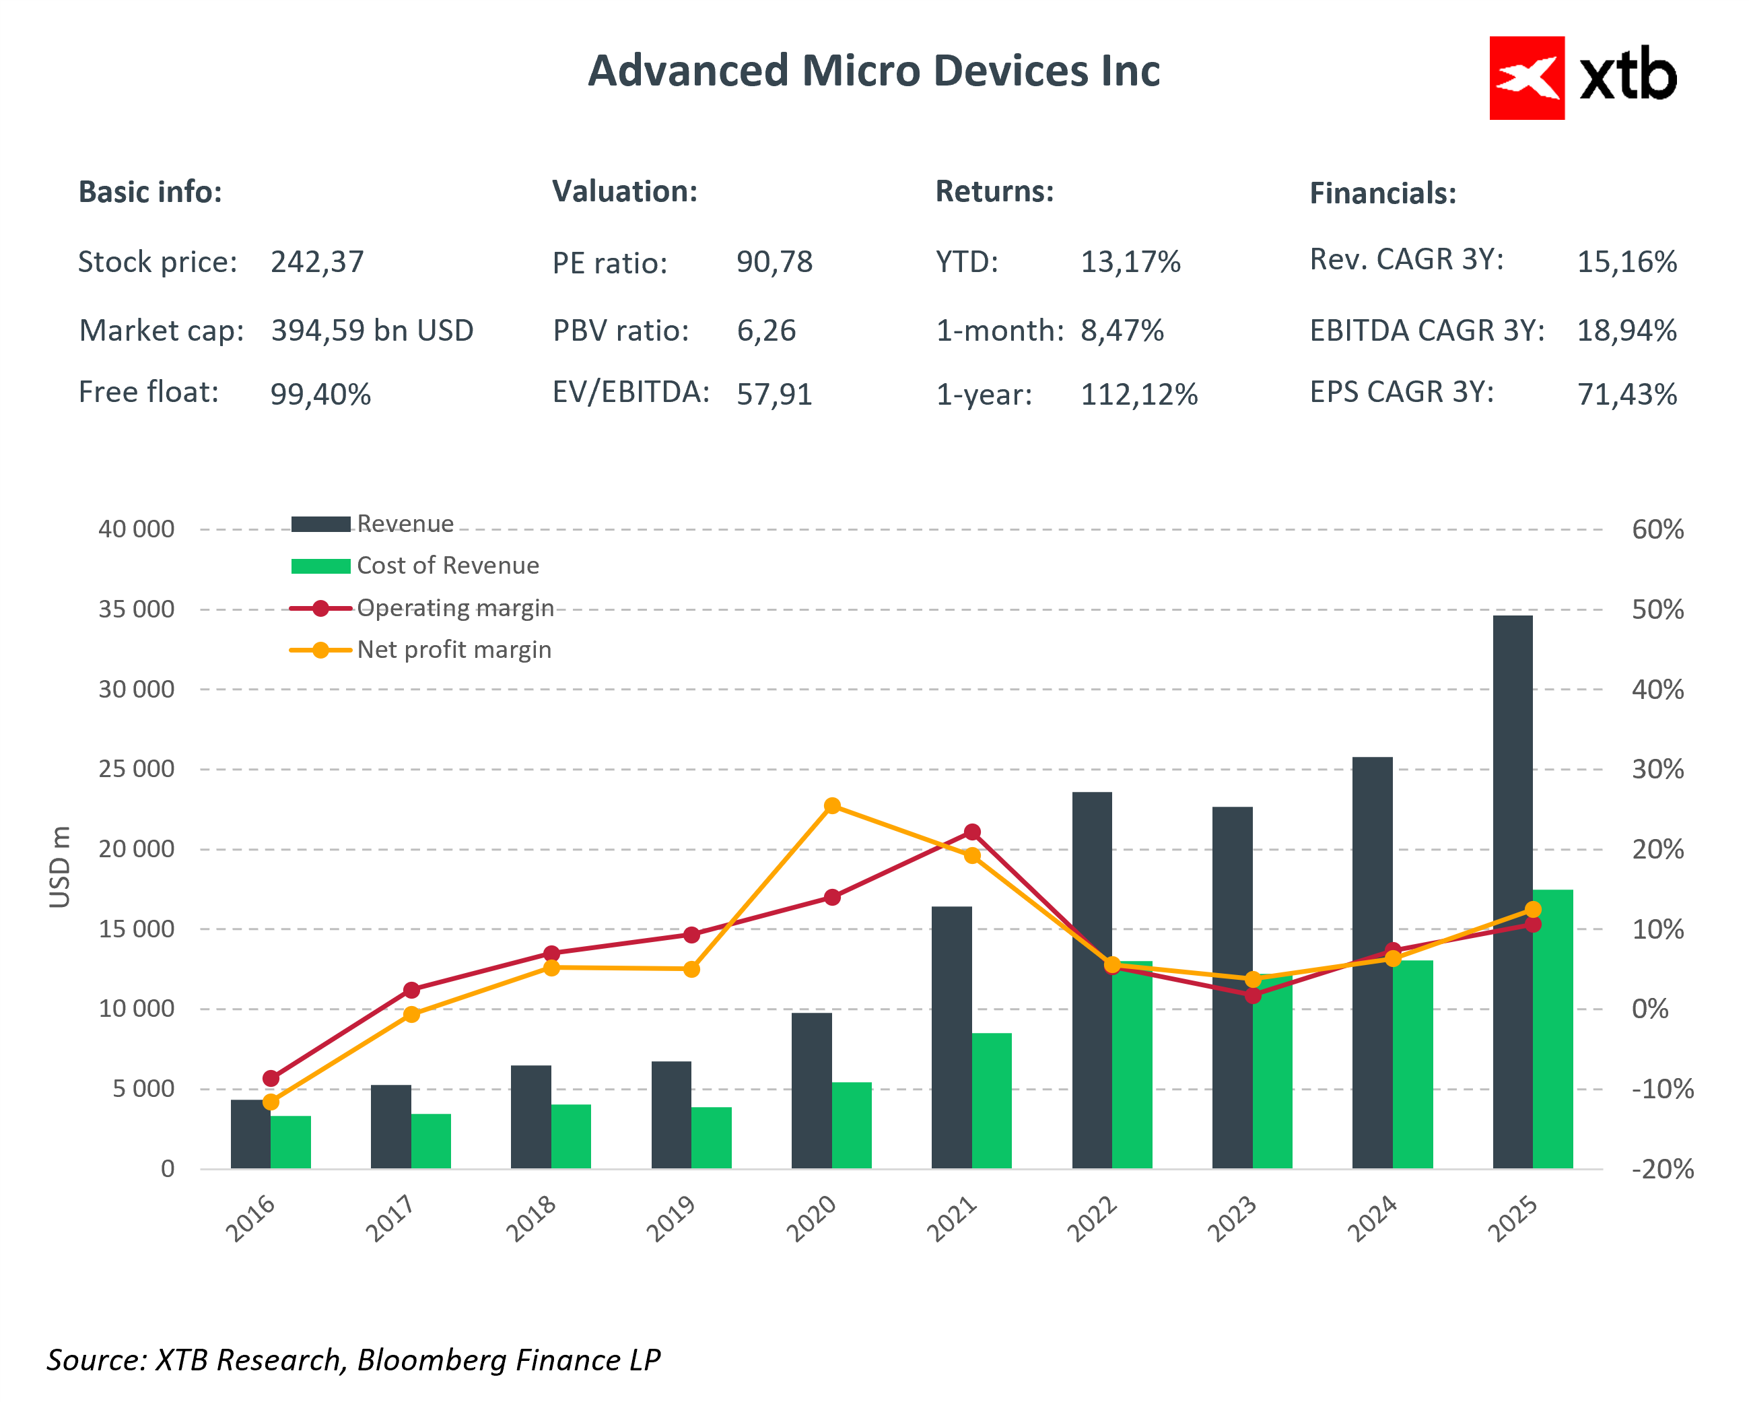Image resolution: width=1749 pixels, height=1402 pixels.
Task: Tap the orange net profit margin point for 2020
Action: tap(831, 805)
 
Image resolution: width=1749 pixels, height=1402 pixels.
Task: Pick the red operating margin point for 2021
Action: tap(972, 832)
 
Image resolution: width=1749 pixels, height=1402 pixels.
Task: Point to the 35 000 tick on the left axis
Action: tap(136, 609)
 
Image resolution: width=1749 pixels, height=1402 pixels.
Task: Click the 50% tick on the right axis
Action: tap(1657, 609)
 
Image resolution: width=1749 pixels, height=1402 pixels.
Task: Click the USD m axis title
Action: tap(60, 867)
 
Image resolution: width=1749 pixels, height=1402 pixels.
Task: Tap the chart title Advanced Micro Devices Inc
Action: tap(874, 71)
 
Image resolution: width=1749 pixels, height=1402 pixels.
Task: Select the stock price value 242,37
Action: tap(317, 262)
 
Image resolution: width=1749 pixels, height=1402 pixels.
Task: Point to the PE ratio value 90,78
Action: tap(774, 262)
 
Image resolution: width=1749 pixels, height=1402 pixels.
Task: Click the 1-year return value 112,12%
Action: tap(1138, 395)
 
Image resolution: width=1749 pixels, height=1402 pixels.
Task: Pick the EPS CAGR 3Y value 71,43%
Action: tap(1626, 395)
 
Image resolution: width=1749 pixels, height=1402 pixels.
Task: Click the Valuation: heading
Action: tap(625, 191)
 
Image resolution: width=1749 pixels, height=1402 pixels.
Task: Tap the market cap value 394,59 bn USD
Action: tap(372, 331)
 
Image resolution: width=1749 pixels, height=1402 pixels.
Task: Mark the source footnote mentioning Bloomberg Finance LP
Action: tap(353, 1360)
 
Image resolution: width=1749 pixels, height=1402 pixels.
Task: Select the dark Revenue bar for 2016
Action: tap(250, 1134)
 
